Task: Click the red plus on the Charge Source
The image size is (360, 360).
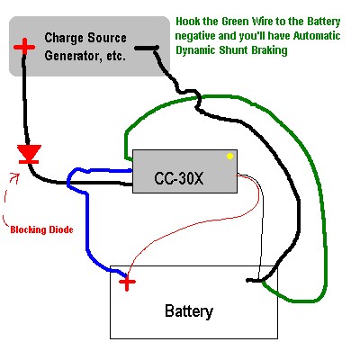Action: click(x=24, y=47)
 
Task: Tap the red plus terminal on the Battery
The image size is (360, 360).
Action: click(x=127, y=282)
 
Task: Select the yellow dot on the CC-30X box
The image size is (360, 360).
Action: click(x=229, y=156)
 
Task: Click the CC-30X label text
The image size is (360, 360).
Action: click(x=179, y=178)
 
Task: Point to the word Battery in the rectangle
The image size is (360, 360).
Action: click(x=189, y=311)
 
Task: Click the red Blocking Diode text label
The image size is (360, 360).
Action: click(x=41, y=229)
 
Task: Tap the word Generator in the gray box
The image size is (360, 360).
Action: click(x=70, y=56)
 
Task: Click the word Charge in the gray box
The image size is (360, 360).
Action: click(x=64, y=38)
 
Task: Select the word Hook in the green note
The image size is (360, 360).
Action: click(x=186, y=22)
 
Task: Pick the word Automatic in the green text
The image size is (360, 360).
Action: click(x=317, y=36)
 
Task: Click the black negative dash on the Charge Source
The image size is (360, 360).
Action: click(x=147, y=48)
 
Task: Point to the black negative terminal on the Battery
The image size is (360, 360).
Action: click(x=254, y=281)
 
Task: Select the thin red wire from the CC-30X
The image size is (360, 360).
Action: click(x=207, y=221)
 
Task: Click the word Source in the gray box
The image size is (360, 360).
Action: click(x=107, y=38)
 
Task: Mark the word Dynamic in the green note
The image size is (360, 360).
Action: click(x=195, y=50)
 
